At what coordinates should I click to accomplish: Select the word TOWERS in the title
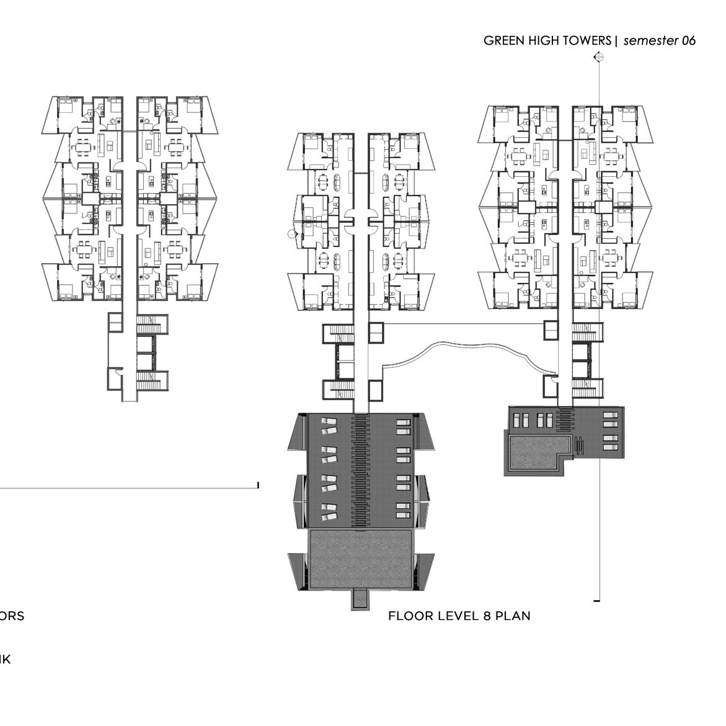tap(587, 41)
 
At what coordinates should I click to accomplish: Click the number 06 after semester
tap(688, 41)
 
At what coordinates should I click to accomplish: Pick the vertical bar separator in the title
tap(616, 41)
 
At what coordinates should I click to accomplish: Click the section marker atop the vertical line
tap(599, 58)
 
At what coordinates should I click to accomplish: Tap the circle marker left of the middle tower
tap(291, 234)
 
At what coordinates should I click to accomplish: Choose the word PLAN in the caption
tap(512, 616)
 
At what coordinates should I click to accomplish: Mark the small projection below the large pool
tap(360, 599)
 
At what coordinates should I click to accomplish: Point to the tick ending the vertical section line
tap(597, 601)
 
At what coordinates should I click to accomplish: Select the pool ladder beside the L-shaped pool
tap(580, 445)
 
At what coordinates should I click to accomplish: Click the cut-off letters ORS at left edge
tap(12, 616)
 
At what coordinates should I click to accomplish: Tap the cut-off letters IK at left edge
tap(5, 660)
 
